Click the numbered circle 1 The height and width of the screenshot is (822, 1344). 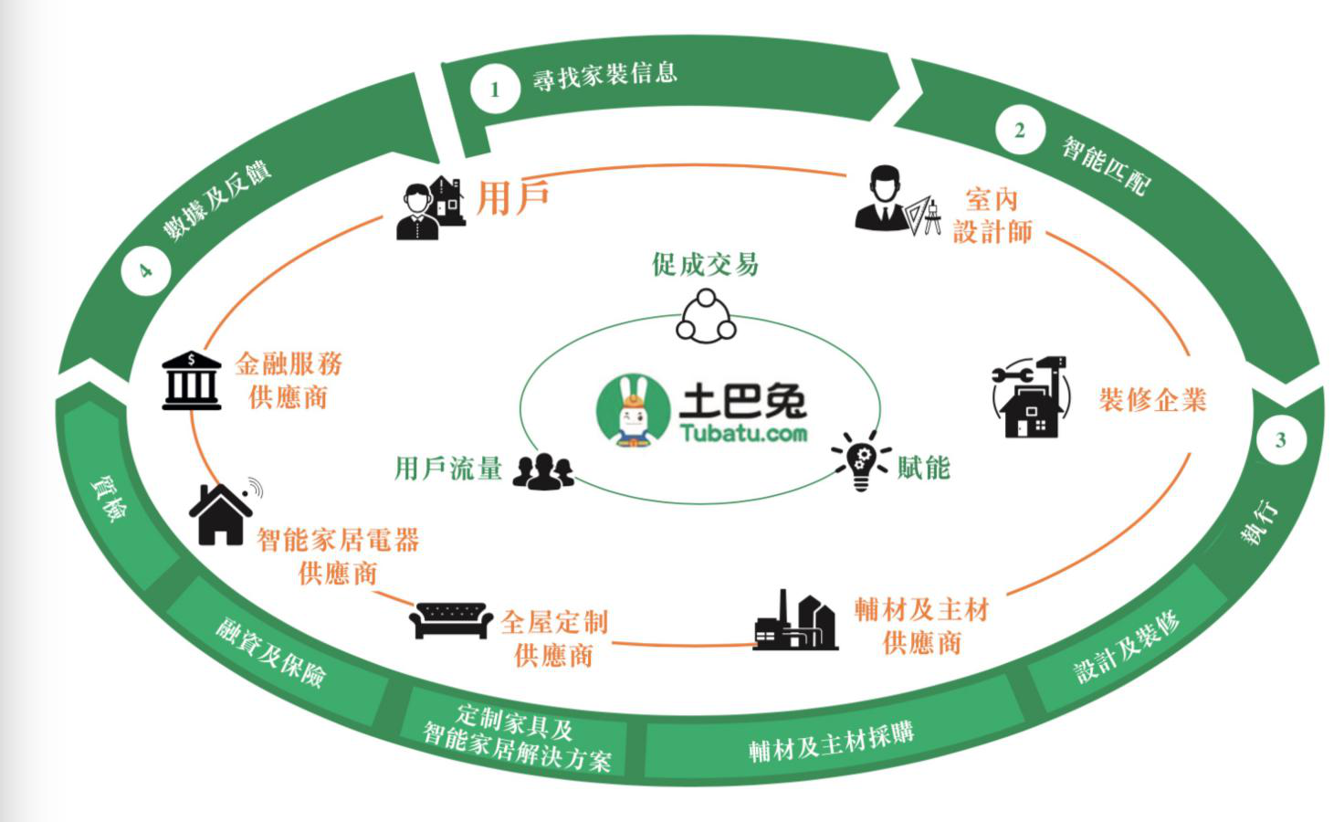click(495, 90)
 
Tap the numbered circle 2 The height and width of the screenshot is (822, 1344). click(1020, 131)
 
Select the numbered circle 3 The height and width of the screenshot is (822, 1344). click(1280, 440)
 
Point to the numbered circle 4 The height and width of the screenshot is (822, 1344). click(145, 270)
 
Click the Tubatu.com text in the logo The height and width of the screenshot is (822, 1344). click(743, 432)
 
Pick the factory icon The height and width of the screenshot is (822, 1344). click(795, 622)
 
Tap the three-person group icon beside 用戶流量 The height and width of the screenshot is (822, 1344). click(543, 471)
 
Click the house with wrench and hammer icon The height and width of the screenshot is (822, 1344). click(1029, 397)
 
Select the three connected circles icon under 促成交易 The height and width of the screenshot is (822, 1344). click(706, 316)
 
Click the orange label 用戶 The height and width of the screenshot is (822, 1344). click(513, 197)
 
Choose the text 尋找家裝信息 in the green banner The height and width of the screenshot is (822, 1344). click(604, 75)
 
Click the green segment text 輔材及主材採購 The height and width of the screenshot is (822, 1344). click(831, 741)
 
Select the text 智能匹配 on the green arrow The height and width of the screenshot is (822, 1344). click(1106, 165)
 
